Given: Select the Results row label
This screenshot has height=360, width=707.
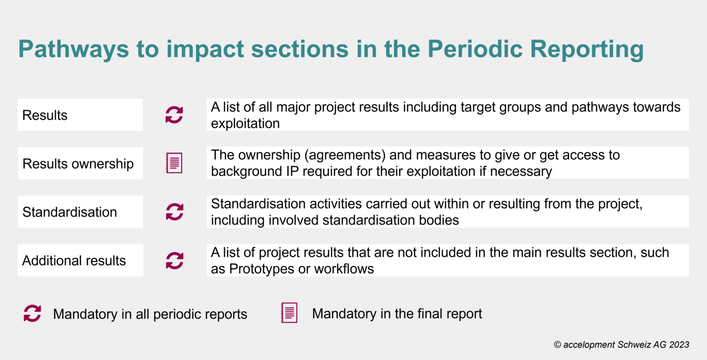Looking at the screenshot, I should (45, 115).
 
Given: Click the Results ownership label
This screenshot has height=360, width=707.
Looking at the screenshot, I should (78, 163).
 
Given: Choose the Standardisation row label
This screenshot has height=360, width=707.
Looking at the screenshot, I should (70, 212).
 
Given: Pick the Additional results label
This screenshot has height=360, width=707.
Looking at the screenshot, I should (74, 261).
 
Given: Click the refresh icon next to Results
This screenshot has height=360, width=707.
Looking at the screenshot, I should (174, 115).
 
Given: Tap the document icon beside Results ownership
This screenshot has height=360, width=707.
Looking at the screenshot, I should (174, 163).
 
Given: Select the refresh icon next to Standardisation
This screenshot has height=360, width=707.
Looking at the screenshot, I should (174, 212).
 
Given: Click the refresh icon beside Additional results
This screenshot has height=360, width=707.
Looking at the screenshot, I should (174, 260).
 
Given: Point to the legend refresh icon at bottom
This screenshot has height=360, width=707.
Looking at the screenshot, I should (32, 314).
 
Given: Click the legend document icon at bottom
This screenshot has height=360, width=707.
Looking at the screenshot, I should (289, 313).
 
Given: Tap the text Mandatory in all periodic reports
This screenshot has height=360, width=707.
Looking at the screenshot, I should (150, 314).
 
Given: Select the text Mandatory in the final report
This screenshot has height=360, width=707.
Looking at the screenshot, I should (397, 314).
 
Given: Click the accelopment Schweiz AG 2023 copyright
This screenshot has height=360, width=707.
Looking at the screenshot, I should (621, 344).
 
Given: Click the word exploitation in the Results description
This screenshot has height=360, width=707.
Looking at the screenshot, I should (245, 123).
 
